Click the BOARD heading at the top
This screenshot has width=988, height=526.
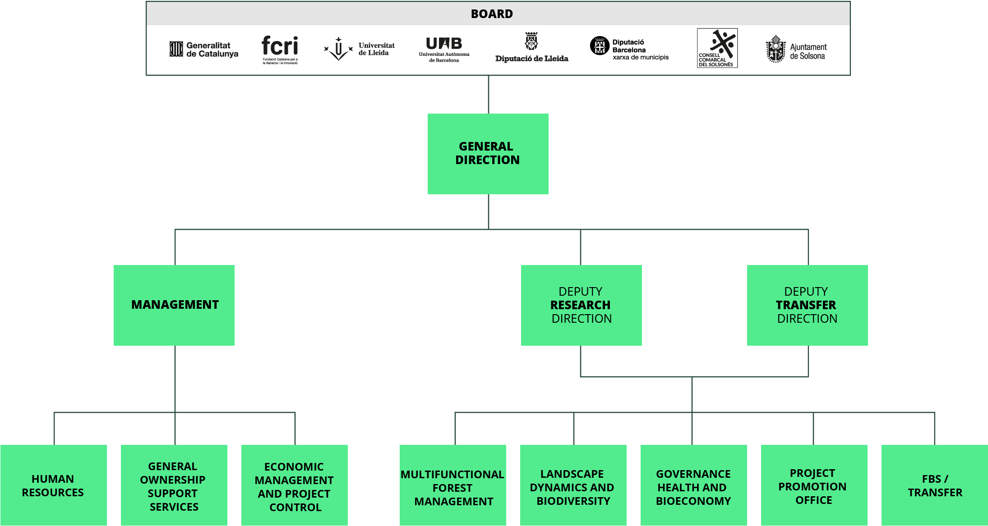[x=492, y=14]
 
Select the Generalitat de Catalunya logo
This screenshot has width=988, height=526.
[x=204, y=50]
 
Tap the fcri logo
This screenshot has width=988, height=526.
[x=280, y=50]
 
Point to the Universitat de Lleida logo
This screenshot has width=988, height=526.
[x=359, y=49]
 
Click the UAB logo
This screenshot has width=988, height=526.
[x=444, y=50]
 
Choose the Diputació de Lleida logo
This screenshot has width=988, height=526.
[x=531, y=47]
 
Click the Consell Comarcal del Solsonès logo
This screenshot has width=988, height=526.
[x=717, y=48]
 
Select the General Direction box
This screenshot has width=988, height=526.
[x=488, y=154]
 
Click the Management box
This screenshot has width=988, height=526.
[x=174, y=305]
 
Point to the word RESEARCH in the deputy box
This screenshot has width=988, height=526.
[x=580, y=305]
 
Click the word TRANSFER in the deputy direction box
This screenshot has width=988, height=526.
[x=806, y=305]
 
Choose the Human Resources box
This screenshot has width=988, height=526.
[x=54, y=485]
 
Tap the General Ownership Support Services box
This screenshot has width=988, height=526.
[x=174, y=485]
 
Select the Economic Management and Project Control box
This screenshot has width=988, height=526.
[x=295, y=485]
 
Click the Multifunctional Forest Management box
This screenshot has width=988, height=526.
[x=453, y=485]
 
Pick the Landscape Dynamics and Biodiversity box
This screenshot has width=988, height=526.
[x=573, y=485]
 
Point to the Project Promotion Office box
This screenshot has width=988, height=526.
[x=814, y=485]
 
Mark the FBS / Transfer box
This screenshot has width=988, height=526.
[x=935, y=485]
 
